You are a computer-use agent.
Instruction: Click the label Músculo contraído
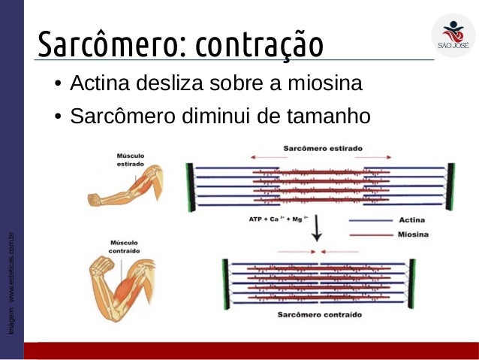(x=128, y=247)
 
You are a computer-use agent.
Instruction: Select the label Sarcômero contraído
(x=320, y=314)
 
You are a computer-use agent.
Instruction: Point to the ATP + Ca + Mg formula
(x=274, y=219)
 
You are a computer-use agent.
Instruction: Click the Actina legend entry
(x=409, y=219)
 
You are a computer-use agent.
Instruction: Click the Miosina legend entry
(x=411, y=235)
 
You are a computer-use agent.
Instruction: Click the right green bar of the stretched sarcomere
(x=450, y=186)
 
